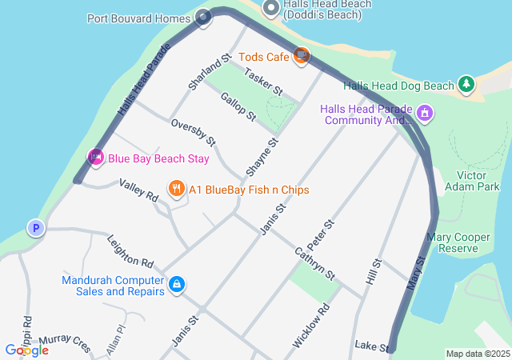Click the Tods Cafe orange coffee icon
302,56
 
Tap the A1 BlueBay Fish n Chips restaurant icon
176,190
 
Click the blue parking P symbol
35,229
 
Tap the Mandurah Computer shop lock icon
177,284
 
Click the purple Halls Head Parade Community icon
424,114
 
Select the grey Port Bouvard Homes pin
203,17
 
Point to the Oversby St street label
194,132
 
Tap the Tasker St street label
264,82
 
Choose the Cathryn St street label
314,262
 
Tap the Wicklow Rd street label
310,325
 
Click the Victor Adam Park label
478,181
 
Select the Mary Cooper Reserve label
463,243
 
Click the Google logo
26,350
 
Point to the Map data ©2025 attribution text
478,354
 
